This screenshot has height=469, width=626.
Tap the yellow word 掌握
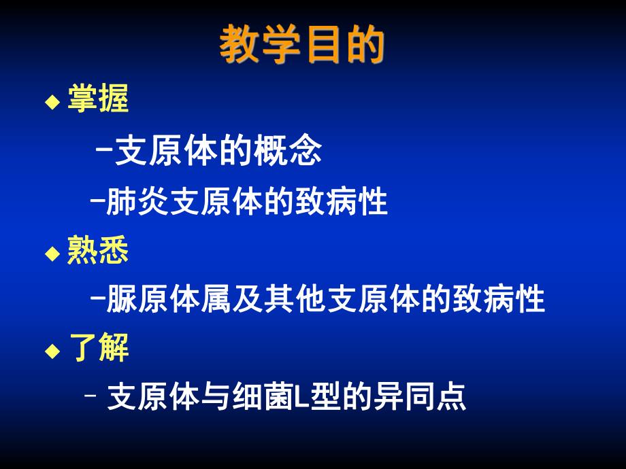click(x=98, y=101)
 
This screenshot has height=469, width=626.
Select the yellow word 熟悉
click(x=98, y=251)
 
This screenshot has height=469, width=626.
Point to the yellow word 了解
click(x=98, y=349)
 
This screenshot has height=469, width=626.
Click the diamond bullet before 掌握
click(x=52, y=103)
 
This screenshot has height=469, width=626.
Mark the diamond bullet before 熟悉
click(x=52, y=253)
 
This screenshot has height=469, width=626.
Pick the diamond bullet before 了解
click(x=52, y=351)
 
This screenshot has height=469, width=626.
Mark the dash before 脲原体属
click(x=97, y=300)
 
